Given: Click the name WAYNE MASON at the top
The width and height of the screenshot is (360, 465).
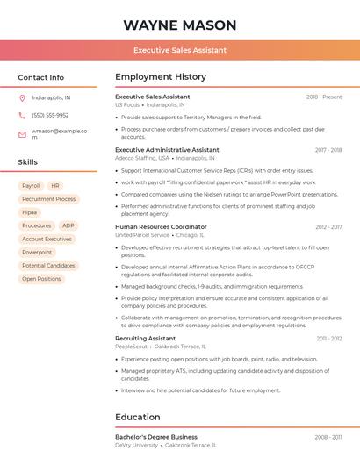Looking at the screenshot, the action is click(180, 25).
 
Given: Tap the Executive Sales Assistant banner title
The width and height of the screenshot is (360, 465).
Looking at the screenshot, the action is click(180, 51).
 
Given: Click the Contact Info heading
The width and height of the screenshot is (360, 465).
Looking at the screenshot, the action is click(41, 77).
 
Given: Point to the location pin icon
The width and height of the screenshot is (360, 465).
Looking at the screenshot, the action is click(22, 98).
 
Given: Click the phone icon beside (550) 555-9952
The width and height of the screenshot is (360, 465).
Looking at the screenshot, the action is click(22, 116).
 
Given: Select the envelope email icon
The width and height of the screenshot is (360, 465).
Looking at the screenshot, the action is click(22, 134).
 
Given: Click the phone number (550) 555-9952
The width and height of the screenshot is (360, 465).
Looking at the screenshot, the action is click(50, 116).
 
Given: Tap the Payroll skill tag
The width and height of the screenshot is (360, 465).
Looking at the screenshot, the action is click(31, 186).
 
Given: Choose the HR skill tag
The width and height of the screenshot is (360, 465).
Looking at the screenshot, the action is click(55, 186).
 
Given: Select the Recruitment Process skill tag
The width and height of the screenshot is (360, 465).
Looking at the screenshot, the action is click(49, 199).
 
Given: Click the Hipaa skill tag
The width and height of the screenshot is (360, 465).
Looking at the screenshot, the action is click(30, 212).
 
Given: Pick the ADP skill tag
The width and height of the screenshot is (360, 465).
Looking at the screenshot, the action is click(68, 225).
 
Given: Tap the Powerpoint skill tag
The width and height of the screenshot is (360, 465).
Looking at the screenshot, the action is click(37, 253).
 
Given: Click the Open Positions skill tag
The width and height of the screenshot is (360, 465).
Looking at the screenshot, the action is click(41, 279).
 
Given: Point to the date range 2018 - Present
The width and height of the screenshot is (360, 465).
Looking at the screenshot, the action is click(324, 97).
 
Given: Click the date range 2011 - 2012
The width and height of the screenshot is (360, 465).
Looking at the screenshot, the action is click(329, 339).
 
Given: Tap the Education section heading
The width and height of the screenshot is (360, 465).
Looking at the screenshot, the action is click(138, 418).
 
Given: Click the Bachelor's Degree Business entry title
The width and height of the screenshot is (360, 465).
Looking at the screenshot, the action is click(156, 437).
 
